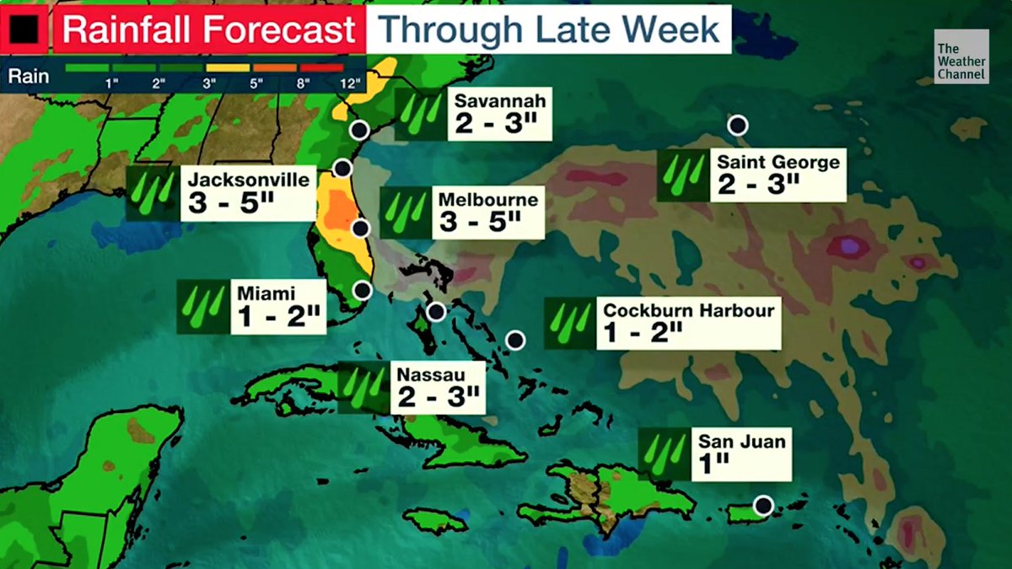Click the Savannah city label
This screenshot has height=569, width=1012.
pyautogui.click(x=500, y=101)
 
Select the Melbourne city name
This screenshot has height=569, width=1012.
pyautogui.click(x=487, y=200)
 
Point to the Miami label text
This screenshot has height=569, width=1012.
pyautogui.click(x=266, y=293)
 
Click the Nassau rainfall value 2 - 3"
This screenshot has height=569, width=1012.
pyautogui.click(x=438, y=395)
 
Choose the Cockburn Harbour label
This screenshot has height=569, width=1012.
pyautogui.click(x=688, y=310)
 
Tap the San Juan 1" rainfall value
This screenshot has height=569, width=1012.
pyautogui.click(x=712, y=463)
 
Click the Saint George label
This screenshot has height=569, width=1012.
pyautogui.click(x=778, y=162)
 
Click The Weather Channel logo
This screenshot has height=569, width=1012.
pyautogui.click(x=961, y=57)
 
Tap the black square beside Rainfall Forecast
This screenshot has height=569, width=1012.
pyautogui.click(x=24, y=31)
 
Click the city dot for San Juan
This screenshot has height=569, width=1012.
pyautogui.click(x=763, y=506)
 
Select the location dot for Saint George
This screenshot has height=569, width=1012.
pyautogui.click(x=738, y=126)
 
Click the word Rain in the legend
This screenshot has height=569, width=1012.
pyautogui.click(x=29, y=77)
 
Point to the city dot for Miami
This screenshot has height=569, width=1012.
pyautogui.click(x=362, y=290)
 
